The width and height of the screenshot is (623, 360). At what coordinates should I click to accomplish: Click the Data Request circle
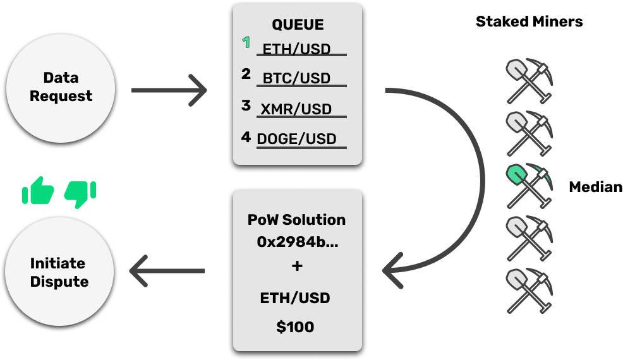pyautogui.click(x=61, y=87)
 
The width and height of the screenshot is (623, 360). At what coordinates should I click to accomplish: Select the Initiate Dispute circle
pyautogui.click(x=59, y=272)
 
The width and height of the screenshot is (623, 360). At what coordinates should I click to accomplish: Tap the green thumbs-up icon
pyautogui.click(x=38, y=191)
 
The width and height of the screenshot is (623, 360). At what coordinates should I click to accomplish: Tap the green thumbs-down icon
pyautogui.click(x=80, y=193)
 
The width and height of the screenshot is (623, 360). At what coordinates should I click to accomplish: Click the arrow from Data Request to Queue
pyautogui.click(x=169, y=90)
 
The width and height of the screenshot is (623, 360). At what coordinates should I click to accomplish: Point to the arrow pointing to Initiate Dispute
pyautogui.click(x=167, y=271)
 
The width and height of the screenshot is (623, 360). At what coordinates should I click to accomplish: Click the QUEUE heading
pyautogui.click(x=298, y=25)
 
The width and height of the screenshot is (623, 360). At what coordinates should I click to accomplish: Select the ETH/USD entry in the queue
pyautogui.click(x=296, y=49)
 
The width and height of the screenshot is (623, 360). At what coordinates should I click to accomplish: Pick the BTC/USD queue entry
pyautogui.click(x=296, y=79)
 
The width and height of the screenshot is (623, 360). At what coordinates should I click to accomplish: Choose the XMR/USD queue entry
pyautogui.click(x=296, y=109)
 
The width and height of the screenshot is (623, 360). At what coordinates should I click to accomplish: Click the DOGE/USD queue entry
pyautogui.click(x=296, y=139)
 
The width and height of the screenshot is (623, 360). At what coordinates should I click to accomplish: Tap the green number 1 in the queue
pyautogui.click(x=246, y=43)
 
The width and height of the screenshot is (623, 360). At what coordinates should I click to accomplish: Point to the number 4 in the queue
pyautogui.click(x=246, y=136)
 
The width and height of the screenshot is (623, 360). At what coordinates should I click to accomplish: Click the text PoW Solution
pyautogui.click(x=297, y=220)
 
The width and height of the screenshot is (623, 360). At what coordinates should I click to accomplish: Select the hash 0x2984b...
pyautogui.click(x=297, y=241)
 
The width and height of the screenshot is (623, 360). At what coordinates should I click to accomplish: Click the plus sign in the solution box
pyautogui.click(x=297, y=267)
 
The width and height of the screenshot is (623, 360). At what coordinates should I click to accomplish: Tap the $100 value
pyautogui.click(x=295, y=327)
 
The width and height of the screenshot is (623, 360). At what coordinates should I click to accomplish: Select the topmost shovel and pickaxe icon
pyautogui.click(x=529, y=81)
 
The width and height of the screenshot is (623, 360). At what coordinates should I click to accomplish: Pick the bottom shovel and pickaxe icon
pyautogui.click(x=529, y=291)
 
